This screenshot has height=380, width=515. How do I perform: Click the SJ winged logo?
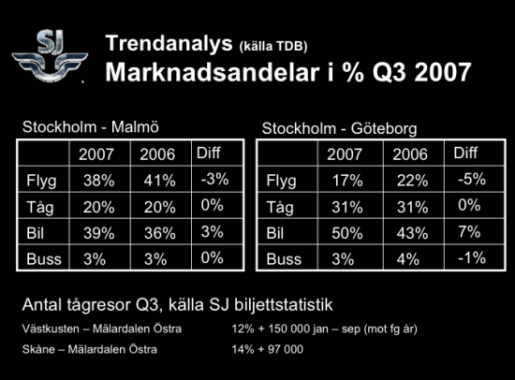click(50, 56)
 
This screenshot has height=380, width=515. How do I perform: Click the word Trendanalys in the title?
click(169, 43)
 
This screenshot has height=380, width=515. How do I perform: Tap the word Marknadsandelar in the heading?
click(213, 72)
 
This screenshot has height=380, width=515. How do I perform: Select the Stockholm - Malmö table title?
click(90, 127)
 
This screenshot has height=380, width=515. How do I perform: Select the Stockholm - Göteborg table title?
click(339, 129)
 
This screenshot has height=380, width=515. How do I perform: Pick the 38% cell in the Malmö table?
click(99, 181)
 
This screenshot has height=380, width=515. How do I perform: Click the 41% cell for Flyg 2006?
click(159, 181)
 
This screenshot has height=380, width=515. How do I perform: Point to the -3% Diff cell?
click(214, 180)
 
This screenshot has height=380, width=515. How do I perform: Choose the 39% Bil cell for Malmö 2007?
click(99, 233)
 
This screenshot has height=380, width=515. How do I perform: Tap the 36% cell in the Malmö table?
click(159, 233)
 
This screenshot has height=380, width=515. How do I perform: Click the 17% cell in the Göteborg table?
click(347, 181)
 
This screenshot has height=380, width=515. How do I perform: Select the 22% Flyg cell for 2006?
click(413, 181)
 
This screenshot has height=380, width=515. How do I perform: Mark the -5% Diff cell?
click(472, 180)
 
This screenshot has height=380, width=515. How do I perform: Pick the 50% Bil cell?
click(347, 233)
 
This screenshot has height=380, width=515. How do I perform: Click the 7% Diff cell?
click(469, 232)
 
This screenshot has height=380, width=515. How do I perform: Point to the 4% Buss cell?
click(408, 259)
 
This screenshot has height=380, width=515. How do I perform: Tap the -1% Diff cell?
click(472, 257)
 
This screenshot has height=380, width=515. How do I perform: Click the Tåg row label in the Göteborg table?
click(280, 208)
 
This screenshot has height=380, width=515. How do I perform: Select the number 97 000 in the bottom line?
click(286, 349)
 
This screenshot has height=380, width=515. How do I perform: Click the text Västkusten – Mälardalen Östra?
click(102, 329)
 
